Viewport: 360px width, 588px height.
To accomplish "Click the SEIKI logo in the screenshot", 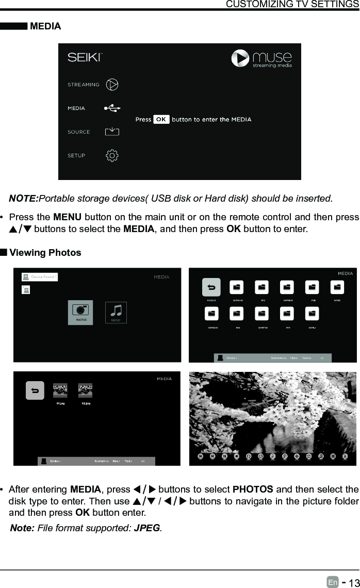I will [85, 57].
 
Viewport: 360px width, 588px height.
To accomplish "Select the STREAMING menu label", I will [84, 85].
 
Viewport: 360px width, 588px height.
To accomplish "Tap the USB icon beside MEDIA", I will [112, 108].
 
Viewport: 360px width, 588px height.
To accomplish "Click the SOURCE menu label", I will [79, 132].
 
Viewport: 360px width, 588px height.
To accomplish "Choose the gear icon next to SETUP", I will [112, 155].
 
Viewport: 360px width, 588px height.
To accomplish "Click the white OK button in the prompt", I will [161, 119].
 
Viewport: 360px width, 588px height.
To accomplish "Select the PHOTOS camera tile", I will [80, 312].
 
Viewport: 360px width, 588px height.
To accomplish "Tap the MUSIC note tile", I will [116, 312].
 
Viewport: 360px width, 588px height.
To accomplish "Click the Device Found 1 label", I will [43, 277].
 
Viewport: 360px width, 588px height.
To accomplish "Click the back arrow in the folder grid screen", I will [211, 287].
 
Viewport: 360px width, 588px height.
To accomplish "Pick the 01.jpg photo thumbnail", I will [61, 390].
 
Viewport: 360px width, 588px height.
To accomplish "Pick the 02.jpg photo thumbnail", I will [85, 390].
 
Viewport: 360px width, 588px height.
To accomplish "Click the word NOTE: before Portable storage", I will [24, 199].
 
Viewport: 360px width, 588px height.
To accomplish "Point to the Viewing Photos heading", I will [45, 253].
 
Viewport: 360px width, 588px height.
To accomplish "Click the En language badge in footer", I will [333, 582].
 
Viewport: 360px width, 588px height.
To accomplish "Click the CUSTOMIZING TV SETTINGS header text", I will [292, 5].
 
